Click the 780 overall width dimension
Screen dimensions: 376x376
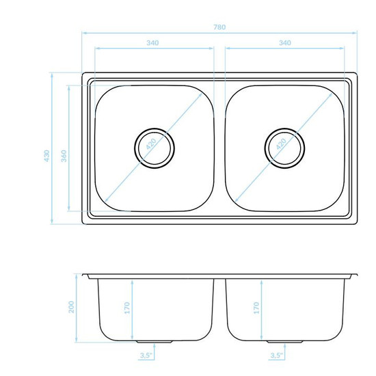[219, 27]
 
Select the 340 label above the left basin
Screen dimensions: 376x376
[152, 43]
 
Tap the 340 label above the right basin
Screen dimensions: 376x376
[285, 43]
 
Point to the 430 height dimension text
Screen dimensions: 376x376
[47, 156]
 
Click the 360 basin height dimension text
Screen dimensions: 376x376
[64, 156]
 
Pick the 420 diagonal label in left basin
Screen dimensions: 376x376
[151, 144]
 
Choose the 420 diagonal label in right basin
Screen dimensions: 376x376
[281, 144]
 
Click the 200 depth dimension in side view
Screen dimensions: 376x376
[72, 307]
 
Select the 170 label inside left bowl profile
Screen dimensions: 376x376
[127, 308]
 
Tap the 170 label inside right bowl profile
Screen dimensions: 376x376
[256, 308]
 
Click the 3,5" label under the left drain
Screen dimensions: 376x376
[146, 355]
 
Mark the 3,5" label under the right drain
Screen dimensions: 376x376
[277, 355]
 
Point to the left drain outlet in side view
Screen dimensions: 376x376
[155, 342]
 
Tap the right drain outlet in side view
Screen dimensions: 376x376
[284, 342]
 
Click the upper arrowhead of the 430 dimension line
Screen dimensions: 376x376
[52, 75]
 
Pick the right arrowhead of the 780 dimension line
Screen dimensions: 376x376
[355, 33]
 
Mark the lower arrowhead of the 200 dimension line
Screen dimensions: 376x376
[77, 340]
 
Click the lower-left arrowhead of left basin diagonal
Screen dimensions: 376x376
[107, 200]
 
